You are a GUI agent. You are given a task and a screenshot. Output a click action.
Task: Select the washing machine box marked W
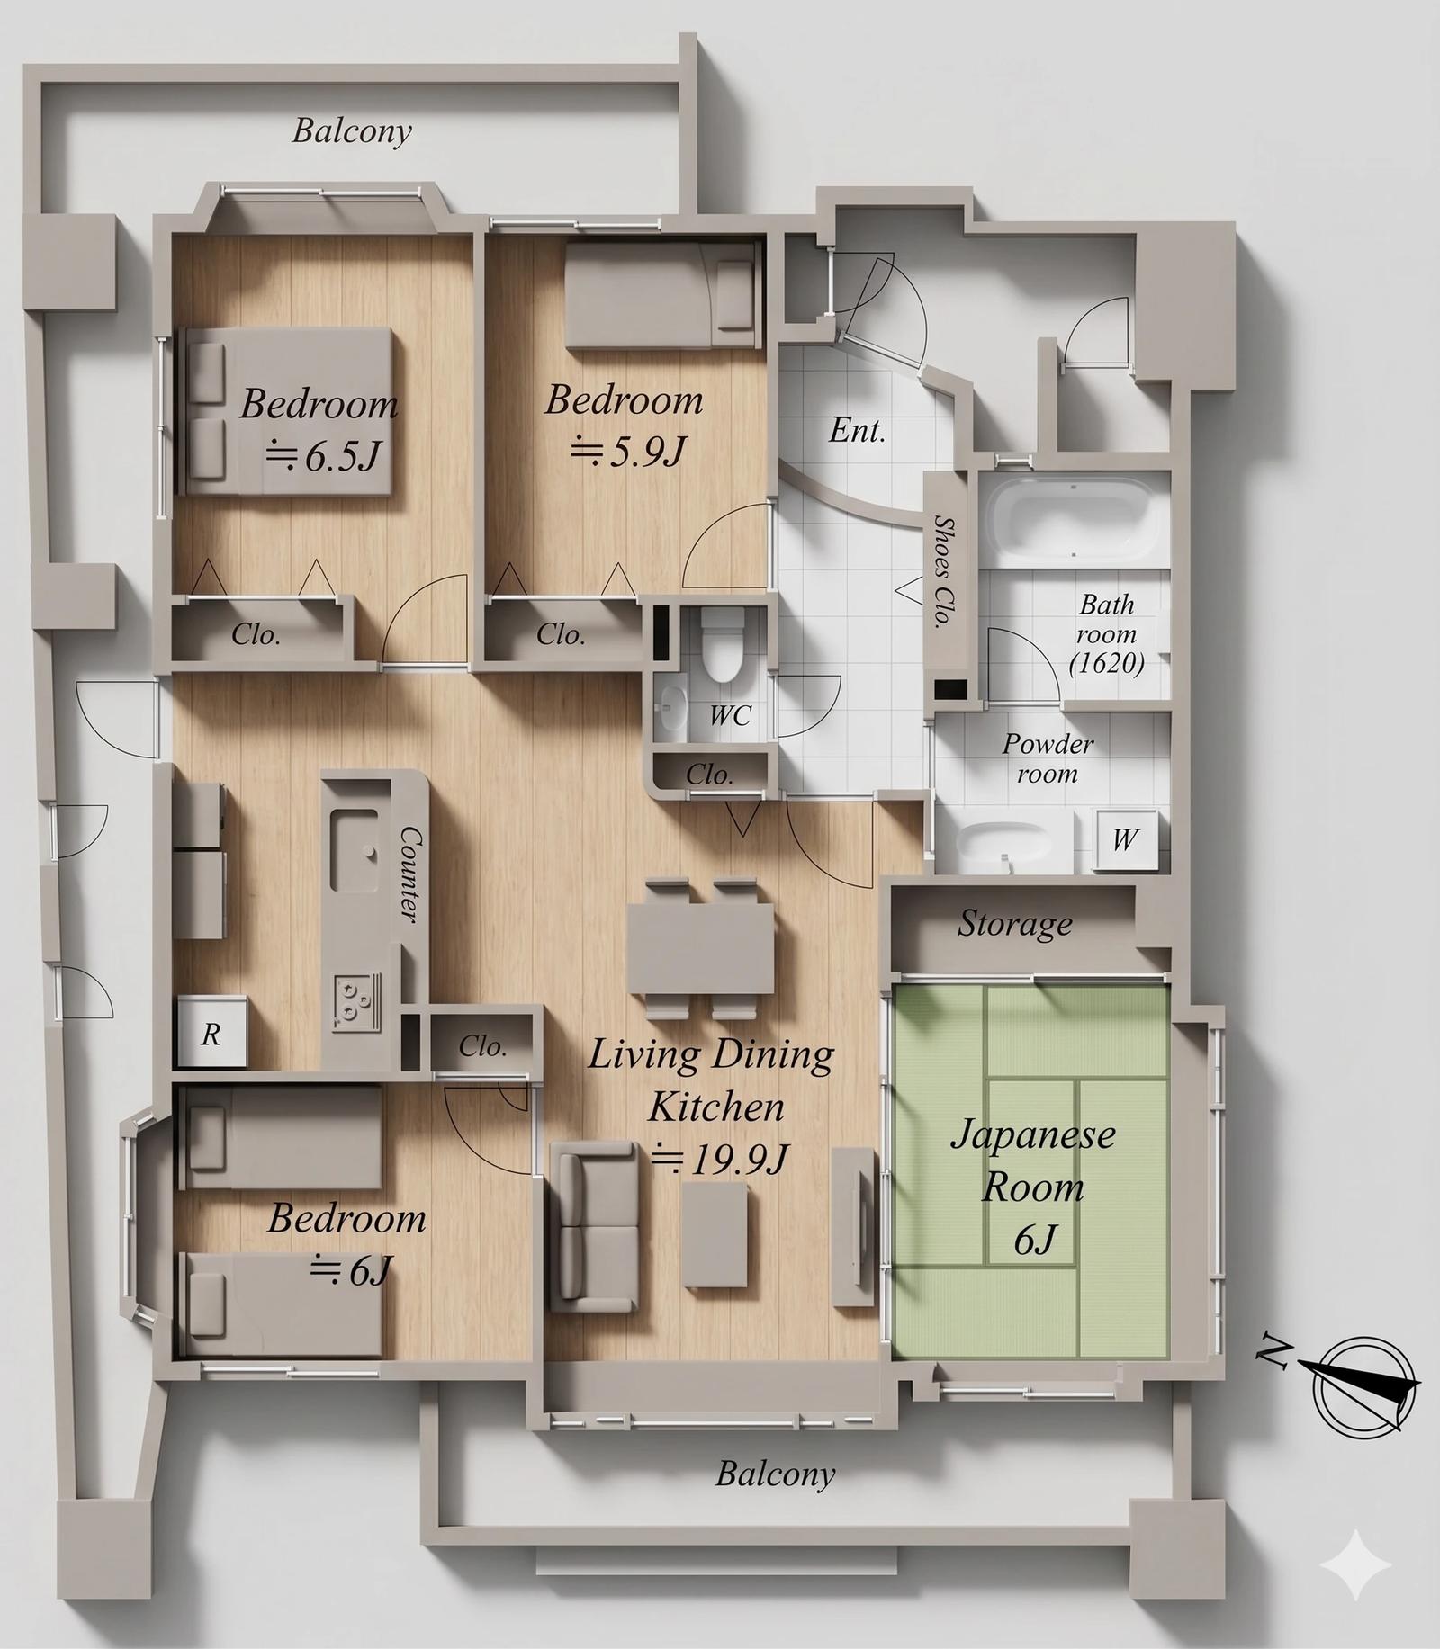1124,839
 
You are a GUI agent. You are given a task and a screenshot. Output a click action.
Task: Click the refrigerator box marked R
211,1033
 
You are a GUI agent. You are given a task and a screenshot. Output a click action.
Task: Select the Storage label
1014,924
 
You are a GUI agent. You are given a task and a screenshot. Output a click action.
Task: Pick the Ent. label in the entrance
857,430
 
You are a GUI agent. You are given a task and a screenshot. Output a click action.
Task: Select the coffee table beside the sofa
715,1234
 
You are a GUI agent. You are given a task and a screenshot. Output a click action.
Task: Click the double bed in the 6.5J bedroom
286,411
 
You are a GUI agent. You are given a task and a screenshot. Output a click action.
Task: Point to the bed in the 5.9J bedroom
660,297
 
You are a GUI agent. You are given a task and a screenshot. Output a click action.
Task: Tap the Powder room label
1048,758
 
